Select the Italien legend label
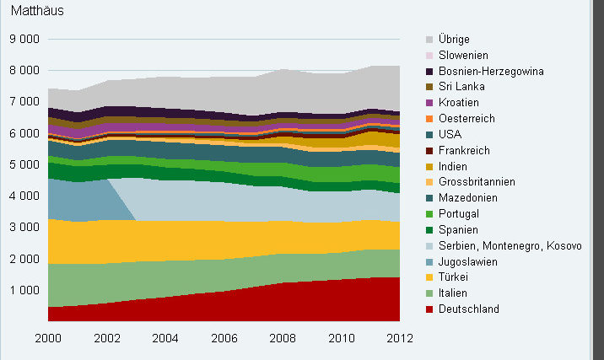pyautogui.click(x=456, y=293)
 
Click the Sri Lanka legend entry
pyautogui.click(x=459, y=87)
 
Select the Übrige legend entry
pyautogui.click(x=454, y=40)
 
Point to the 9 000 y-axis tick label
pyautogui.click(x=24, y=39)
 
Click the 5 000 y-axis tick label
pyautogui.click(x=24, y=164)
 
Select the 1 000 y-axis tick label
pyautogui.click(x=24, y=290)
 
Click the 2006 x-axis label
pyautogui.click(x=224, y=338)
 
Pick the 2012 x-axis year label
pyautogui.click(x=399, y=338)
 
